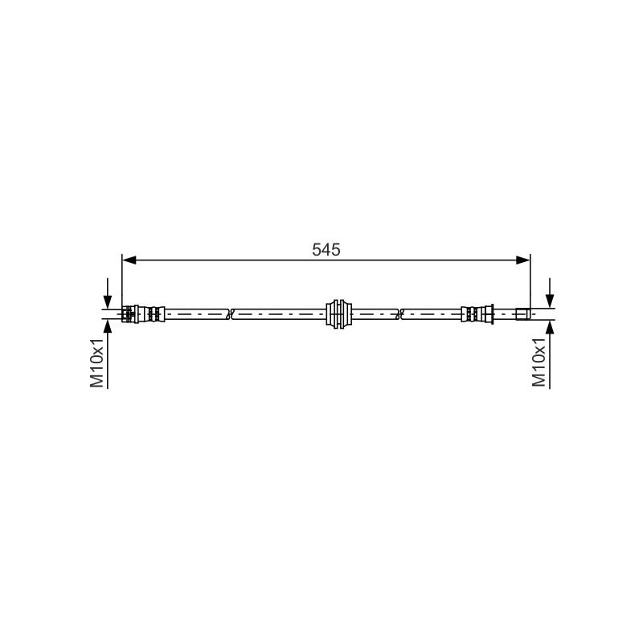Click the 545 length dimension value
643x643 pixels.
click(326, 249)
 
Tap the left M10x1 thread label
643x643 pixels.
click(97, 362)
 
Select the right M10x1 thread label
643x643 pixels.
click(539, 362)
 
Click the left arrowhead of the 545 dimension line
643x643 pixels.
click(129, 260)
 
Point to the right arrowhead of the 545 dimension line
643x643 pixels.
click(523, 260)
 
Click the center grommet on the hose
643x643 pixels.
click(338, 314)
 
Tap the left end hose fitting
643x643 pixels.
click(144, 314)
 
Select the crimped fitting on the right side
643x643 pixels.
click(477, 314)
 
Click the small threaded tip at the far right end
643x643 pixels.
click(523, 314)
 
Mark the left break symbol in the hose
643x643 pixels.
click(230, 314)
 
